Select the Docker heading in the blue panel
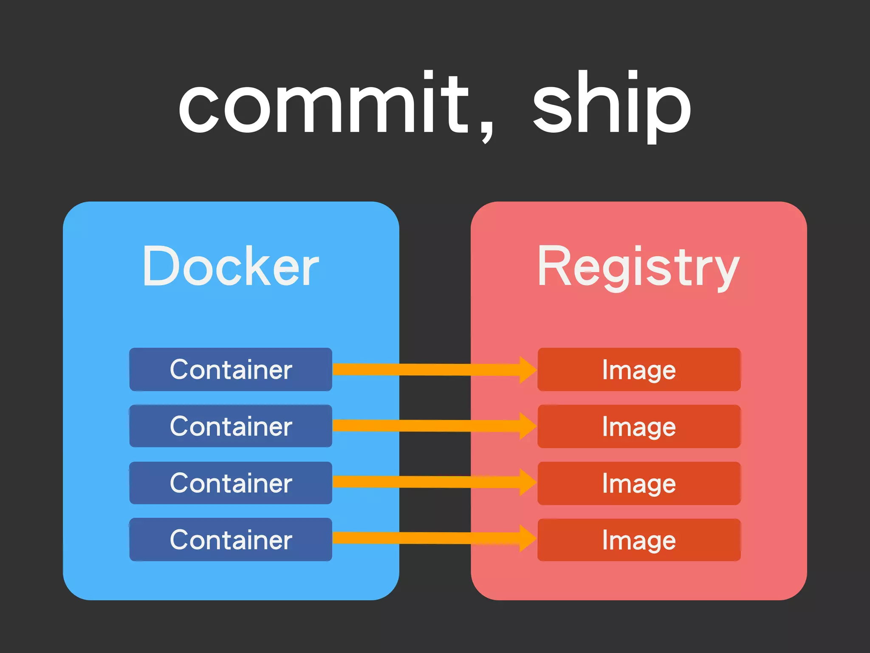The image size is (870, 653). (231, 267)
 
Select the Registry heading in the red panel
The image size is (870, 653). (638, 267)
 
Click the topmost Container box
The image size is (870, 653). (231, 369)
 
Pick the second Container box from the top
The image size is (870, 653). (231, 426)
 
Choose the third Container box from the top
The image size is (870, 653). (231, 483)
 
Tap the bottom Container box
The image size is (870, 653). (231, 539)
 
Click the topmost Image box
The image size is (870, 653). (639, 369)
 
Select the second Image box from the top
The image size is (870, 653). (639, 426)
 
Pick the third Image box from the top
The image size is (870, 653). (639, 483)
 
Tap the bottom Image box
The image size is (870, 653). (639, 540)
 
